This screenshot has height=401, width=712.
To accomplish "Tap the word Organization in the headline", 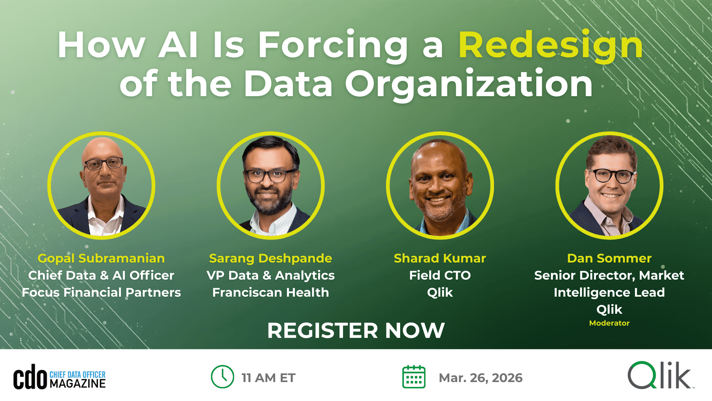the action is [x=469, y=85].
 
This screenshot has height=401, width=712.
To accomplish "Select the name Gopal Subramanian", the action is [x=101, y=258].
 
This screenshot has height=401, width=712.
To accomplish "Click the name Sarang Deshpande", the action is [x=270, y=258].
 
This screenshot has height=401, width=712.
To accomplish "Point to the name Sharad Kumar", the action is [x=440, y=258].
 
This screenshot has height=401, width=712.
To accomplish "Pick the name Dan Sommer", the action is [x=609, y=258].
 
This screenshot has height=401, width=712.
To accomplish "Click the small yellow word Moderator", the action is [x=609, y=323].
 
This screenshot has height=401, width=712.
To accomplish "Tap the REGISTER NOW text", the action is [x=356, y=330].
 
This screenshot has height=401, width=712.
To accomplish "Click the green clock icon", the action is [x=222, y=377].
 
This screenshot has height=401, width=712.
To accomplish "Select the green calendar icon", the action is [x=414, y=377].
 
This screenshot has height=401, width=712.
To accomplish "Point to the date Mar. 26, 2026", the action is [x=481, y=378].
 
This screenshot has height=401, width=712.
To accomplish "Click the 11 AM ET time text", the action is [x=268, y=378].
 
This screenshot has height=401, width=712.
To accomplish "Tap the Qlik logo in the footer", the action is [x=660, y=375].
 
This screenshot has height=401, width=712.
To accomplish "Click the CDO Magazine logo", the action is [x=59, y=377].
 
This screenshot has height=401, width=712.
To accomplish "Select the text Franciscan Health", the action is [x=270, y=293].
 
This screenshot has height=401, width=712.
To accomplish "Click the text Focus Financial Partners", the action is [x=101, y=293].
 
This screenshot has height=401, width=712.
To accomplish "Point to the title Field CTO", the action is [x=440, y=276].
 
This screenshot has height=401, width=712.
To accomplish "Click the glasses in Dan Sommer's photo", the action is [x=612, y=176].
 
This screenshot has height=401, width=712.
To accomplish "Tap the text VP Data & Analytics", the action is [x=270, y=276].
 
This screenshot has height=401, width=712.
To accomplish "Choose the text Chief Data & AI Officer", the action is [x=101, y=276].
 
